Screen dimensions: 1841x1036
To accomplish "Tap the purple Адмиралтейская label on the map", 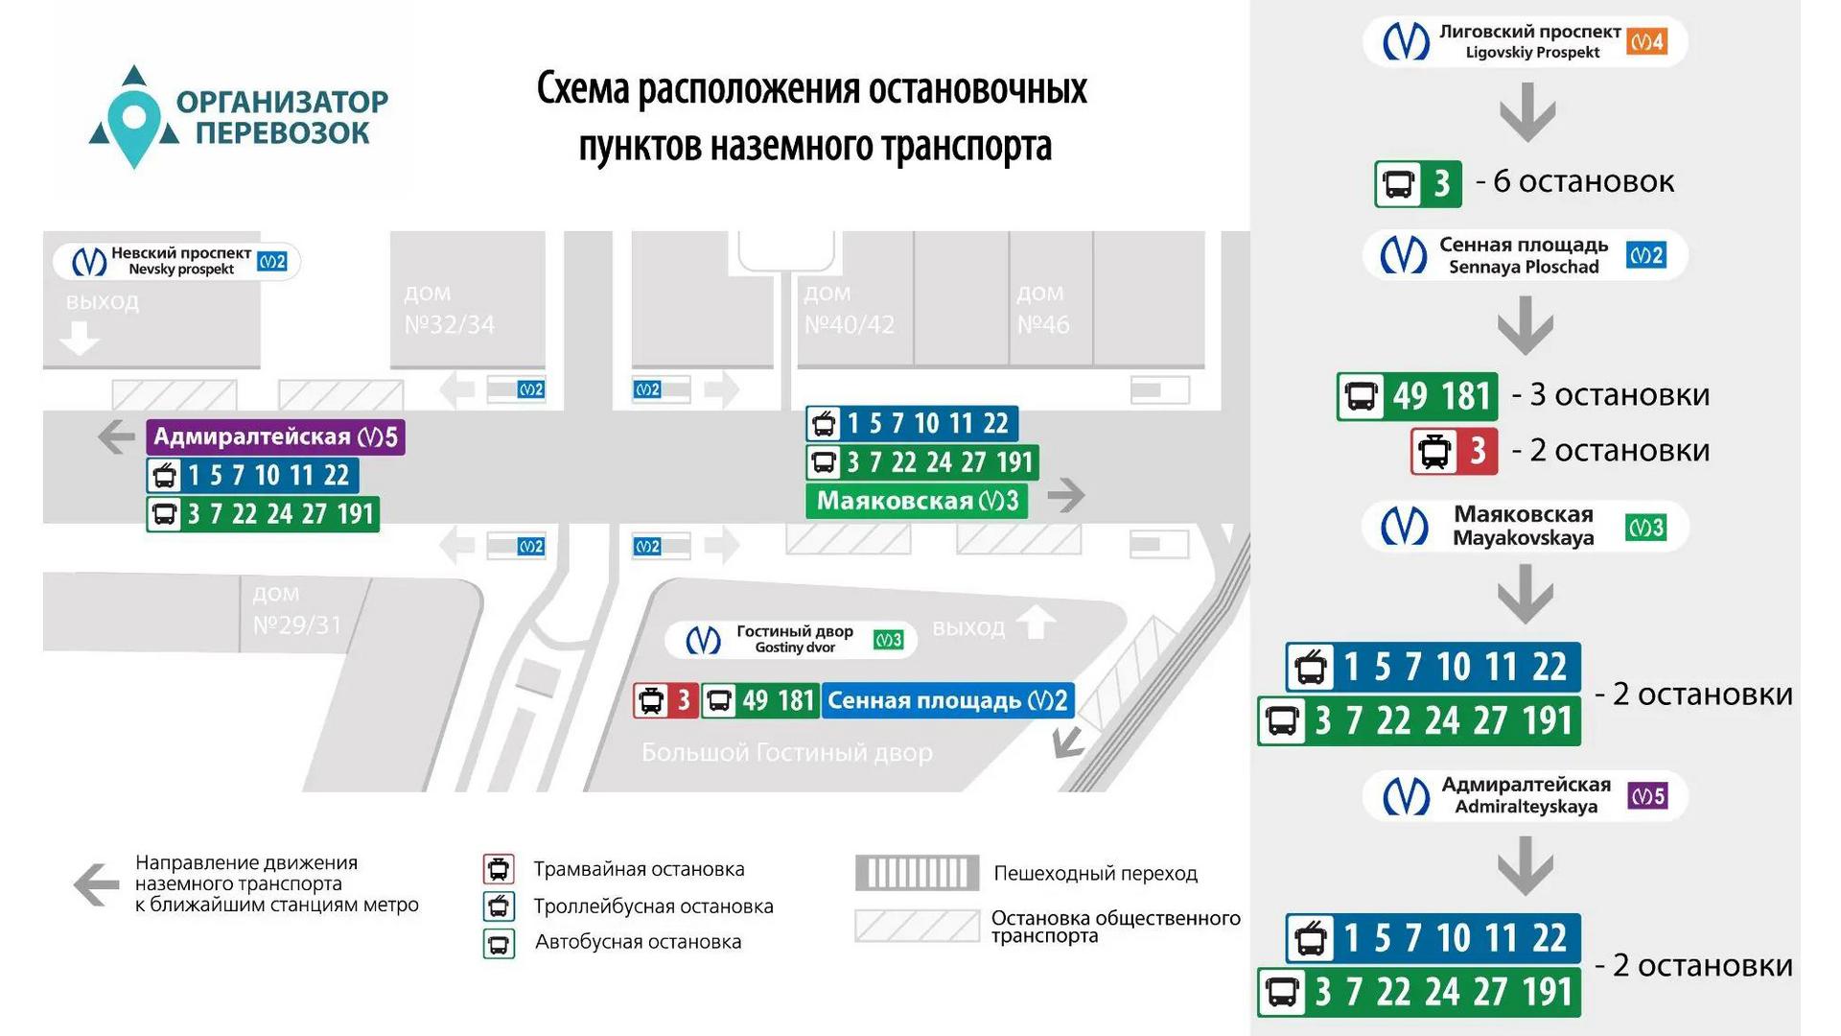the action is [x=276, y=437].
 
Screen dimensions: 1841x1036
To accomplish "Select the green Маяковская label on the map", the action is [x=917, y=501].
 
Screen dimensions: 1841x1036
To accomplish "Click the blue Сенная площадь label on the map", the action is [x=947, y=700].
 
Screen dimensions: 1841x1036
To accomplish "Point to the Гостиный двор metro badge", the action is [x=791, y=640].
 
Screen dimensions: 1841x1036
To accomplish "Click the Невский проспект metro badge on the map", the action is [x=176, y=261].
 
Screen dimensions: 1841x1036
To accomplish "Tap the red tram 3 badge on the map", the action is [x=665, y=700].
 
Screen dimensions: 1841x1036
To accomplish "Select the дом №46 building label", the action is [x=1042, y=309].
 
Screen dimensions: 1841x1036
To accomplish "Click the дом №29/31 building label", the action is [x=296, y=610].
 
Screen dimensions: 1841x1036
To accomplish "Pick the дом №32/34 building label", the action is [x=449, y=309].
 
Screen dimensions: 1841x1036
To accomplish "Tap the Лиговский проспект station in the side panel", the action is [x=1525, y=41].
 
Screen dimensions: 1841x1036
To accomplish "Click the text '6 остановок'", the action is [x=1584, y=181].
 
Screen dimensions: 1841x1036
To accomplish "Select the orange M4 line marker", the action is [x=1646, y=41].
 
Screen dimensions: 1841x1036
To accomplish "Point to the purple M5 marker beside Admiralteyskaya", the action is [x=1647, y=796].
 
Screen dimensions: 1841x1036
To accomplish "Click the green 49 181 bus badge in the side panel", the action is [x=1417, y=396].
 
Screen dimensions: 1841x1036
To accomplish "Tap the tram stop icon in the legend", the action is [x=499, y=869].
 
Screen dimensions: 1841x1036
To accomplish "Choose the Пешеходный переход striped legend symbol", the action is [x=917, y=873].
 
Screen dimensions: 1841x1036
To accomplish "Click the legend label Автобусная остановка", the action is [x=639, y=942].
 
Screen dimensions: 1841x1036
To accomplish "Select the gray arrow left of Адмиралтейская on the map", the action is [x=116, y=437].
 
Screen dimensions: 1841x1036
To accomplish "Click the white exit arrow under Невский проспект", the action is [x=79, y=338].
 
